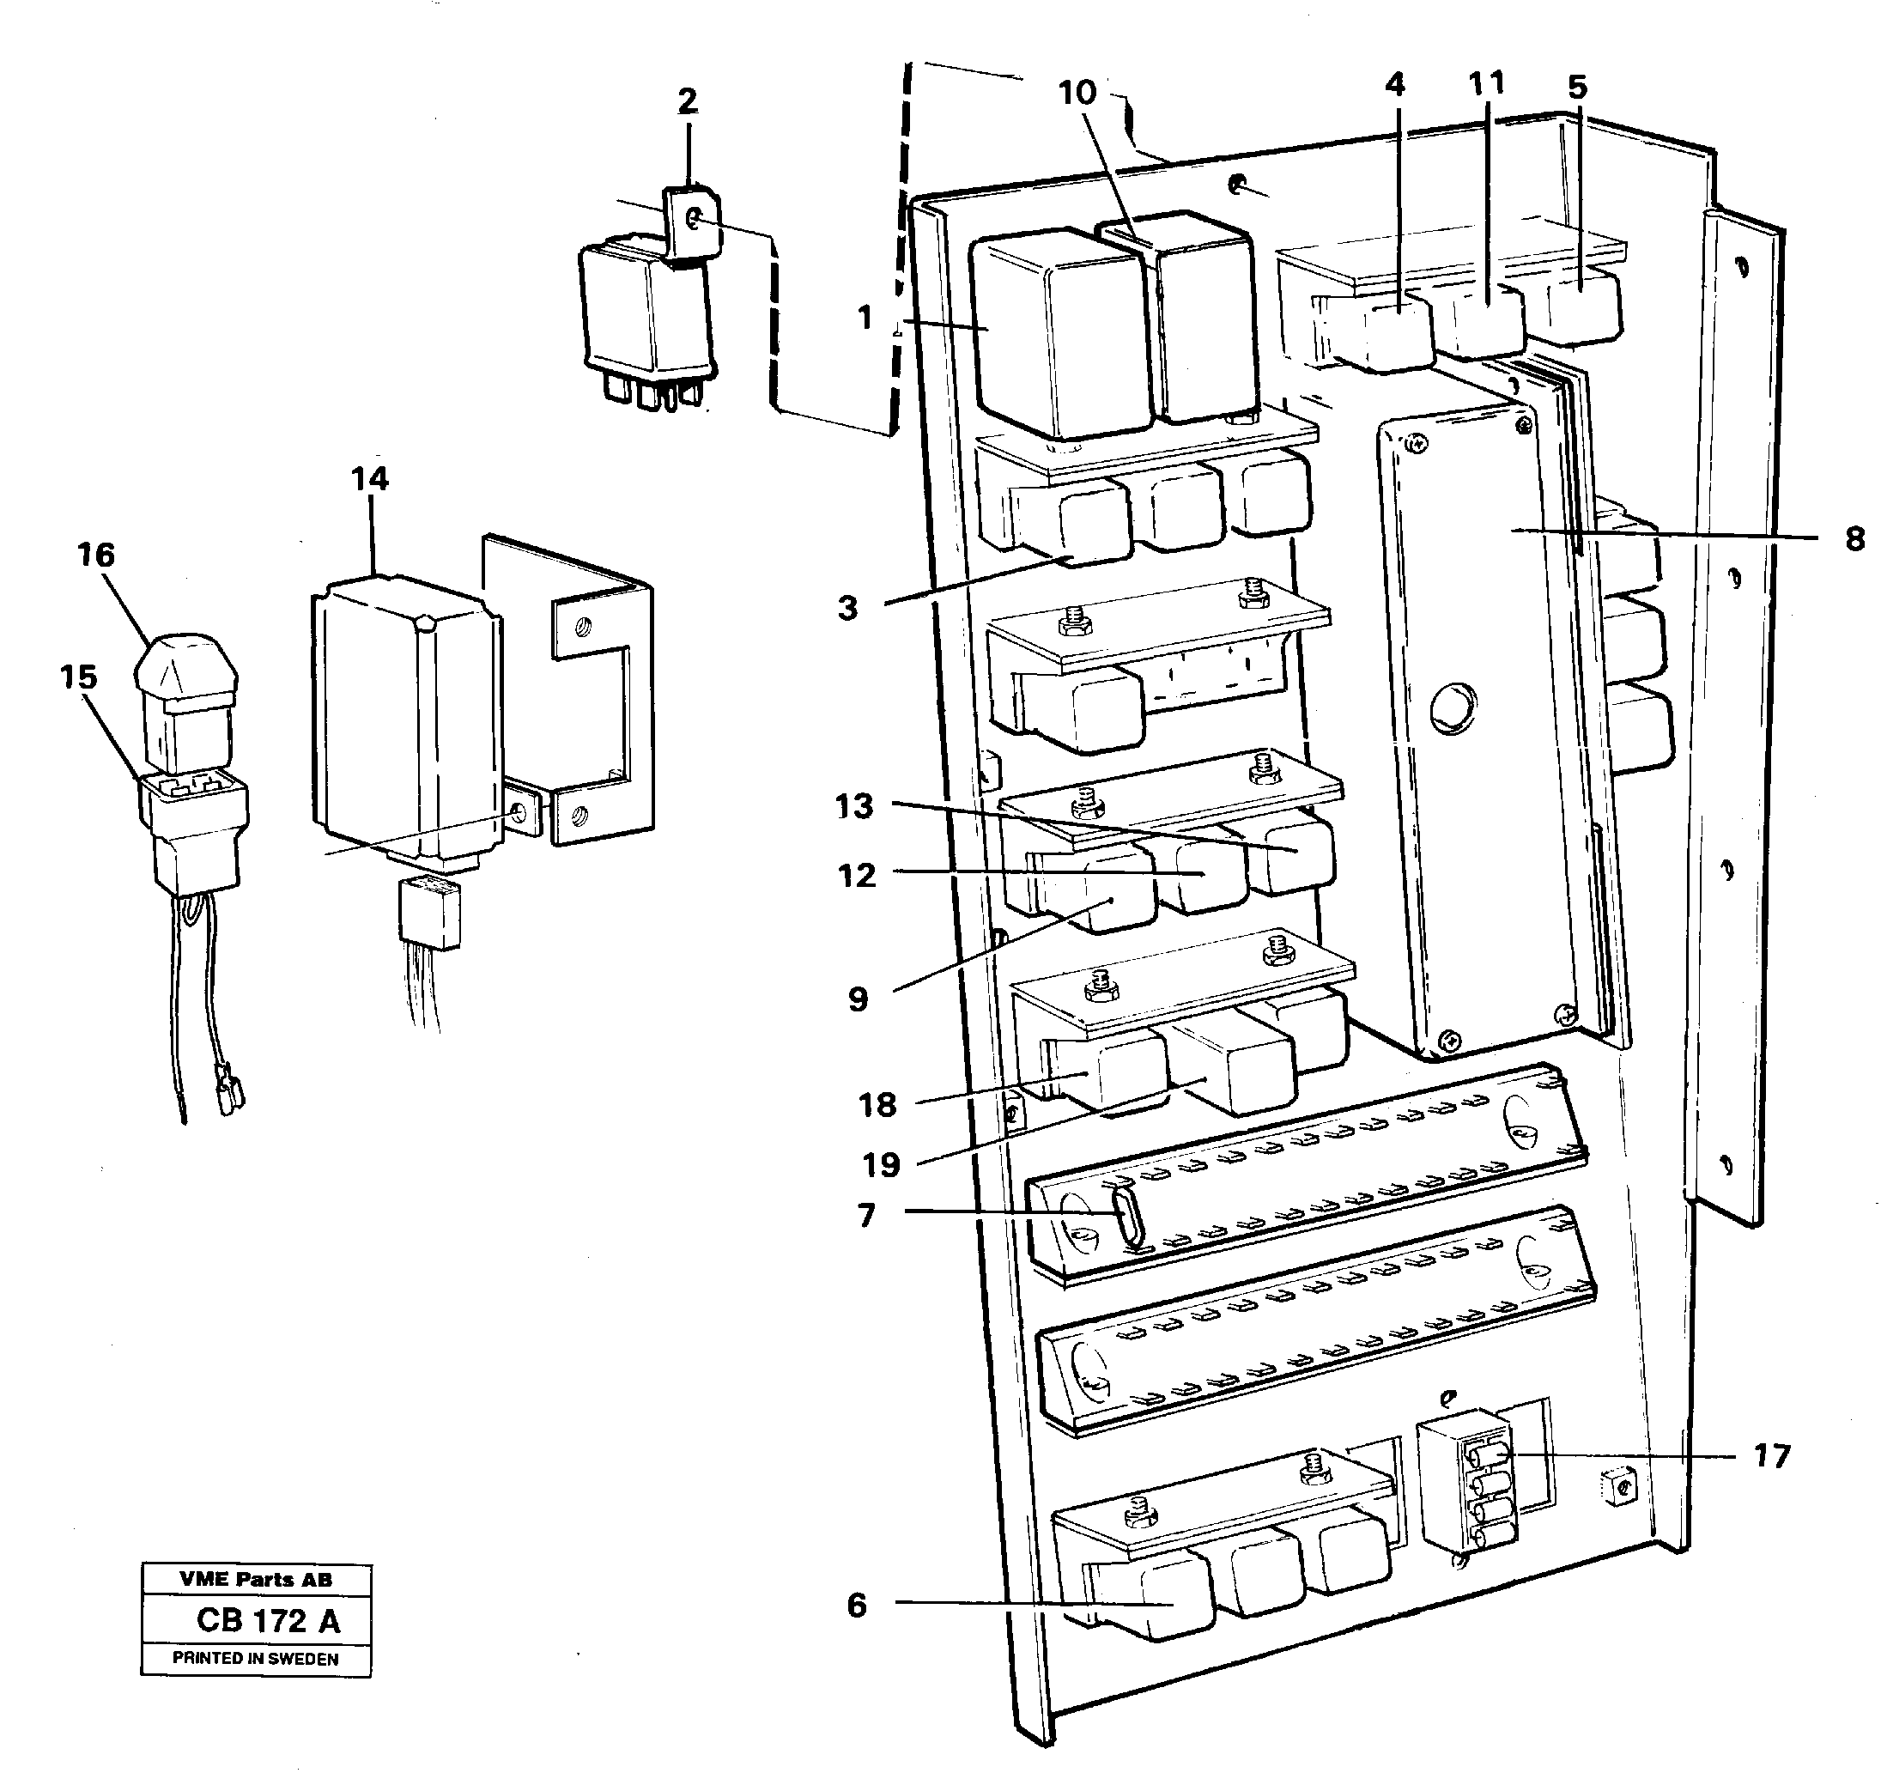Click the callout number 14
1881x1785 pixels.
coord(369,478)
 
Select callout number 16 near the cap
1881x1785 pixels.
coord(95,555)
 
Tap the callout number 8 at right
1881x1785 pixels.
coord(1854,539)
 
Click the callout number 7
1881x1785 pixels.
coord(866,1216)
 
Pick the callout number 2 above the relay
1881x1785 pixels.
coord(687,100)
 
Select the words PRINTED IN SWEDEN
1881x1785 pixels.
coord(255,1659)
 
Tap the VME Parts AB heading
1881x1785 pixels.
coord(255,1580)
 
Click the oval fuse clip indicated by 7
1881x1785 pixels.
coord(1126,1215)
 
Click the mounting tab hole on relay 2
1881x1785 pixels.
coord(694,222)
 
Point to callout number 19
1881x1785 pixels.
coord(880,1164)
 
